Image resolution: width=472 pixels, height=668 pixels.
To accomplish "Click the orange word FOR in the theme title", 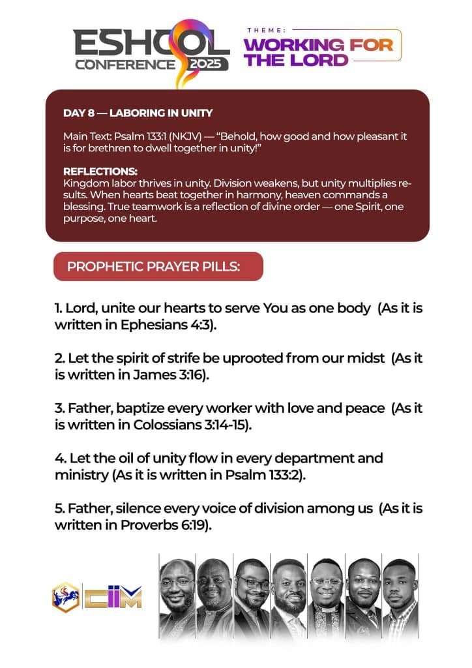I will (x=371, y=45).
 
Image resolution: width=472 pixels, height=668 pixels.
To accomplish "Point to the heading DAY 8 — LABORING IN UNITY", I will (x=138, y=113).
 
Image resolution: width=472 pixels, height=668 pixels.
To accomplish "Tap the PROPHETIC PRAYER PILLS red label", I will (x=158, y=266).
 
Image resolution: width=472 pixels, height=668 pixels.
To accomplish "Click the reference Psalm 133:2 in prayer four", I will (x=264, y=475).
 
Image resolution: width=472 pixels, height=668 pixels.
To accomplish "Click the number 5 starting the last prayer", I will (x=59, y=508).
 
